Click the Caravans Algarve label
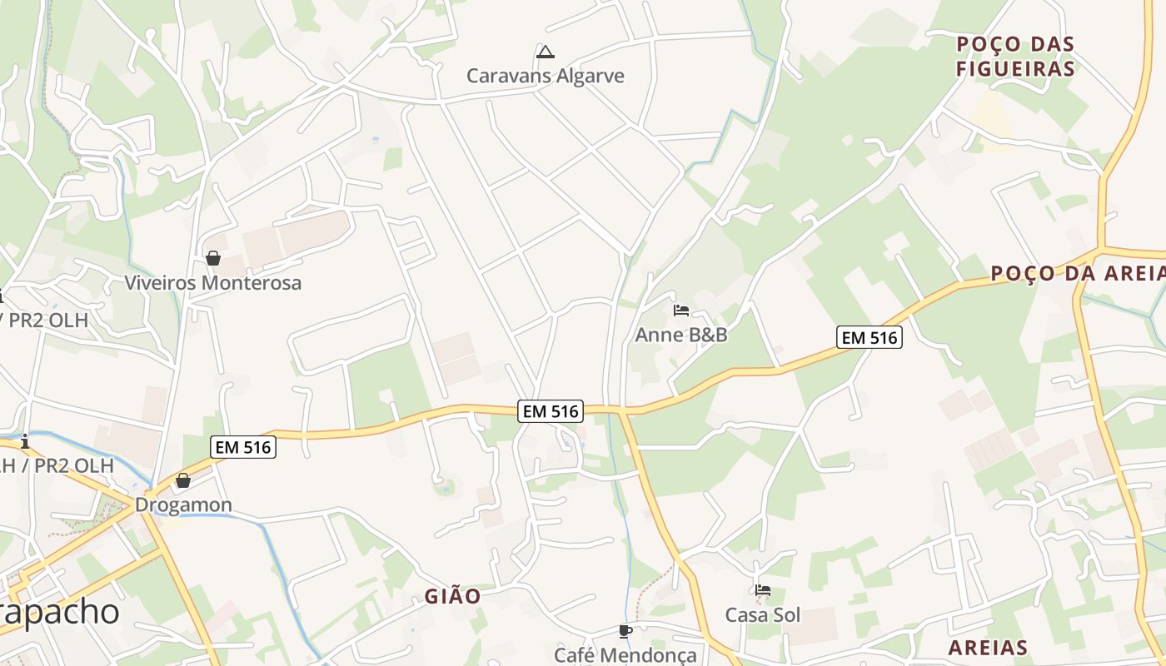(x=545, y=76)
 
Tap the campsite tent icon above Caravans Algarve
(x=545, y=52)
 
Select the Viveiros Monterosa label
(x=212, y=282)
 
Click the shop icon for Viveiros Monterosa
(x=212, y=258)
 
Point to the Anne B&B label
(x=680, y=335)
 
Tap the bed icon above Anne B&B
(x=680, y=311)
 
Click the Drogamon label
(x=183, y=504)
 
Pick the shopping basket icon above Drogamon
(x=183, y=480)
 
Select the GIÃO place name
(x=452, y=596)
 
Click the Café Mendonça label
(x=625, y=655)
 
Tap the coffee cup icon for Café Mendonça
(x=625, y=631)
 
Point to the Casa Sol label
(x=762, y=614)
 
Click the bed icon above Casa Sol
(x=762, y=590)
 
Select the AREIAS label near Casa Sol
(x=988, y=648)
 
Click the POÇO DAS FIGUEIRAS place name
(x=1015, y=56)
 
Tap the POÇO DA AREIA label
(x=1077, y=273)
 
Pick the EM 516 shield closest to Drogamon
(x=243, y=447)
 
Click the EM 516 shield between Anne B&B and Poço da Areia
(x=870, y=337)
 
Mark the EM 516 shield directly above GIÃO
(x=550, y=410)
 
